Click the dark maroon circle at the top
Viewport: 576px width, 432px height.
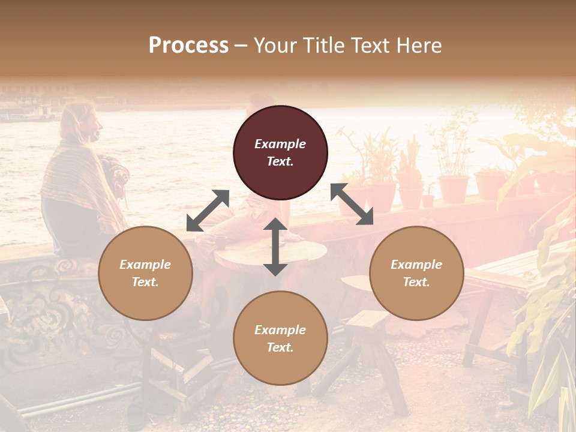(x=280, y=152)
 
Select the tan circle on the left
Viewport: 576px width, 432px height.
(x=145, y=273)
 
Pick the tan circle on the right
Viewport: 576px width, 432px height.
(x=416, y=273)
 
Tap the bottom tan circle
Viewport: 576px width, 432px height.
(x=280, y=338)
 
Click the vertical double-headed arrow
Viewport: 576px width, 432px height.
(x=275, y=247)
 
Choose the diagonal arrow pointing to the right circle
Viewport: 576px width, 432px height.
(x=352, y=204)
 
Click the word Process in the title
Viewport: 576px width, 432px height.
(x=188, y=46)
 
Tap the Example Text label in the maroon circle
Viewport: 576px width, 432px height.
(x=280, y=152)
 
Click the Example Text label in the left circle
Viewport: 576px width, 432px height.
(x=145, y=273)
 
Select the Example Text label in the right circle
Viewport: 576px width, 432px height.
(x=416, y=273)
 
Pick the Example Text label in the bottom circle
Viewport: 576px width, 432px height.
(x=280, y=338)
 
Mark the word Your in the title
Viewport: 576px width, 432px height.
(x=274, y=46)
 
